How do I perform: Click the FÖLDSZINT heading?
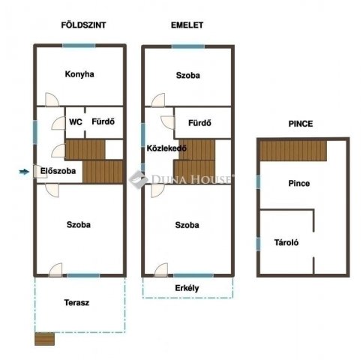[83, 25]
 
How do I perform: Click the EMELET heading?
[187, 25]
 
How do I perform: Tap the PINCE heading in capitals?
[301, 124]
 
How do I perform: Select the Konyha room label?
[79, 74]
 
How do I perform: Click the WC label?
[76, 122]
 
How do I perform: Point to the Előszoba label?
[58, 171]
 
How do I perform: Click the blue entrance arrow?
[25, 172]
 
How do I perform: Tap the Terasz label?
[76, 303]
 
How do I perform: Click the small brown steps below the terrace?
[44, 339]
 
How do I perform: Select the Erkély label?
[187, 288]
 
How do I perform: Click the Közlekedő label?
[166, 148]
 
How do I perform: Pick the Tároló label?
[286, 242]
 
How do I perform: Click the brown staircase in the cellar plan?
[293, 151]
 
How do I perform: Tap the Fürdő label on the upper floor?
[199, 123]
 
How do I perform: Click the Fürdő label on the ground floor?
[103, 121]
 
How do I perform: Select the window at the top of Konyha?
[79, 46]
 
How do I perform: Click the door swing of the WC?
[58, 123]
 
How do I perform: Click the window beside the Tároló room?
[258, 244]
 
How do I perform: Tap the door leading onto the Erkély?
[161, 270]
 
